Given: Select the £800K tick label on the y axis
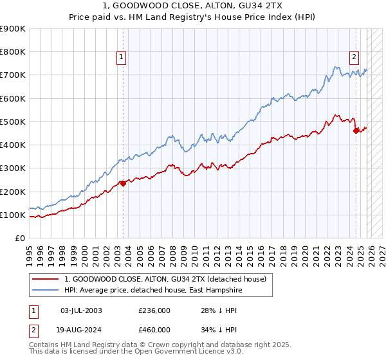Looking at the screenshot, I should [13, 52].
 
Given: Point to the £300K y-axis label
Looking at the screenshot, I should [13, 168].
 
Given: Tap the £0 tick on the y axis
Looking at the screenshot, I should [19, 238].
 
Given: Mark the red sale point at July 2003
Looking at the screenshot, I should [123, 183].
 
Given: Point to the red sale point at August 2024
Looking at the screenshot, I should [356, 131].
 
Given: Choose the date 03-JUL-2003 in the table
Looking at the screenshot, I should [82, 310].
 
